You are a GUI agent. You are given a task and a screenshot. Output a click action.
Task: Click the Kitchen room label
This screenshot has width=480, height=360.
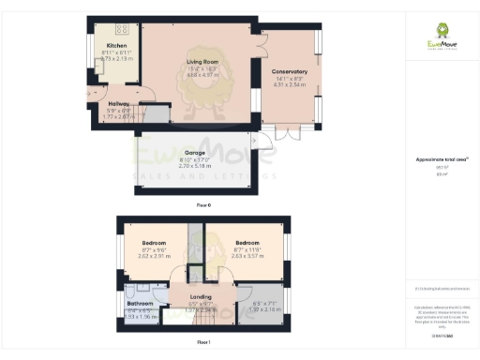click(x=116, y=45)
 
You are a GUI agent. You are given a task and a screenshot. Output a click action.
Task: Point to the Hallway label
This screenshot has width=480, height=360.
click(x=118, y=104)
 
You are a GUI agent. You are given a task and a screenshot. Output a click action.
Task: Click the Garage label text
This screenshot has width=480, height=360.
click(x=195, y=151)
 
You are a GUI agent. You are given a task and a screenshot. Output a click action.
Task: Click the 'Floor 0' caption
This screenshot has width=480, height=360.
click(x=203, y=203)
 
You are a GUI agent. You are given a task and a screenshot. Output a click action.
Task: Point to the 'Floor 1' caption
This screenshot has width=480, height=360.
click(x=203, y=343)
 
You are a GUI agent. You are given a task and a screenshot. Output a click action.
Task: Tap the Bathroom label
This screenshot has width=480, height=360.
click(x=141, y=304)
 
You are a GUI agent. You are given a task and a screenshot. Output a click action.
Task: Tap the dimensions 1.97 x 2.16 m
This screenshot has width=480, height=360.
click(x=266, y=308)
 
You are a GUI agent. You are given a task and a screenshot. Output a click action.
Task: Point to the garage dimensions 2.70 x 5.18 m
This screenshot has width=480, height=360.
click(x=195, y=164)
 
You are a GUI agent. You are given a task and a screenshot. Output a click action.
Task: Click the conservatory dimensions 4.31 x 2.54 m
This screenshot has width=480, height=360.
click(x=292, y=86)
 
